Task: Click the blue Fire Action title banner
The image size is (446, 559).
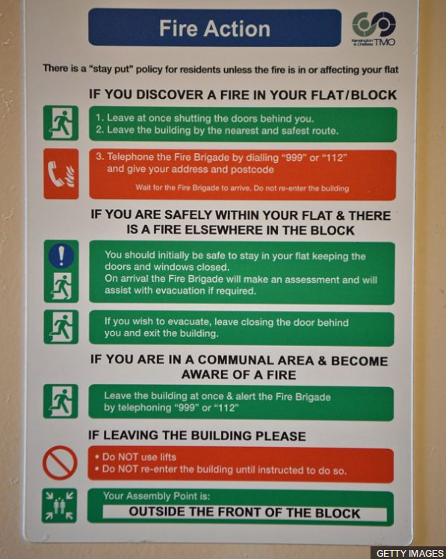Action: tap(214, 28)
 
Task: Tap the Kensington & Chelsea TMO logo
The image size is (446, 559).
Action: tap(374, 28)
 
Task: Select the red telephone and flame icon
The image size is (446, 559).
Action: tap(61, 173)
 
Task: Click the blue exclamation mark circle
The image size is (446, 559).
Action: tap(61, 256)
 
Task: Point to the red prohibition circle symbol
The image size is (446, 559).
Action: tap(60, 463)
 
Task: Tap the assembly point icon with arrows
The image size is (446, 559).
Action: tap(59, 505)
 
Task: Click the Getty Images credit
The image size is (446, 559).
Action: tap(409, 553)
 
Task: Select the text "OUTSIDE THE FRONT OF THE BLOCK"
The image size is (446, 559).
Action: tap(244, 513)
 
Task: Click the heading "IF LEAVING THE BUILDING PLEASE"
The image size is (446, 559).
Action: tap(196, 436)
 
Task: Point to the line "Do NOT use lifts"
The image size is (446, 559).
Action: tap(135, 457)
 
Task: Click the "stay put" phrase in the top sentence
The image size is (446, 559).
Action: tap(112, 69)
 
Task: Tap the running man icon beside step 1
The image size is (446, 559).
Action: tap(61, 123)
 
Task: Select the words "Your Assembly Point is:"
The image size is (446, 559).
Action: tap(156, 496)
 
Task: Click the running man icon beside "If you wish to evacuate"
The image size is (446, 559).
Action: tap(61, 327)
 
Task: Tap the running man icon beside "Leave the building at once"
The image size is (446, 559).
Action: tap(61, 401)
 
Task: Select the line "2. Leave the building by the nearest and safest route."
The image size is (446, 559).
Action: tap(217, 130)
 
